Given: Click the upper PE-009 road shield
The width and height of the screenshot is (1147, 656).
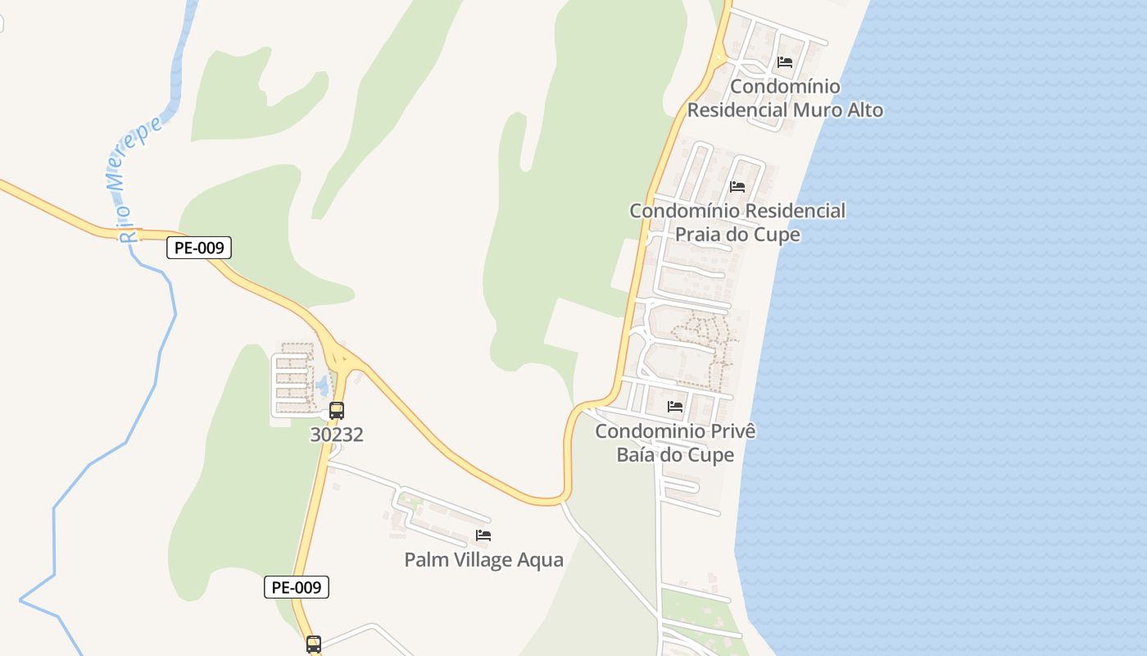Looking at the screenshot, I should [x=199, y=248].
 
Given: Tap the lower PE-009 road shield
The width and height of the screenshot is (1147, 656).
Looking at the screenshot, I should [x=297, y=587].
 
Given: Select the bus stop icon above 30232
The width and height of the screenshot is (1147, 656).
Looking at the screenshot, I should [x=337, y=411].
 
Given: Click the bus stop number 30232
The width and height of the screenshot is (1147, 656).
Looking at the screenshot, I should [x=337, y=434].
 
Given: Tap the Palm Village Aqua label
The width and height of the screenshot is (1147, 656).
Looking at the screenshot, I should [x=483, y=560].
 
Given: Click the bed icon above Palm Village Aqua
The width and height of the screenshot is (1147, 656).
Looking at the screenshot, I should [x=483, y=536].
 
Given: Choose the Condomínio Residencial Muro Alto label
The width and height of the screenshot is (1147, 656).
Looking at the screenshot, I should [x=785, y=98].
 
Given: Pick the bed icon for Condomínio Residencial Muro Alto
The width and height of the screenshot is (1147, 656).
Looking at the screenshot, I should [x=785, y=62].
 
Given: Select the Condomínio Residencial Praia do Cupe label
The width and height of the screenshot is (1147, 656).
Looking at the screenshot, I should [x=737, y=222].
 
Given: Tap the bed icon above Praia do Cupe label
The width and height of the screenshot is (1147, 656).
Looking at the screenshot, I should [x=737, y=187].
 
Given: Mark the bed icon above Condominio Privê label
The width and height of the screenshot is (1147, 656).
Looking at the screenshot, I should [x=675, y=407].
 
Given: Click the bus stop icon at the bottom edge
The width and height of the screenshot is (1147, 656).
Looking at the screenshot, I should [x=314, y=645].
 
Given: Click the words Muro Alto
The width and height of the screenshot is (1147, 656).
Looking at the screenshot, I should [x=836, y=110].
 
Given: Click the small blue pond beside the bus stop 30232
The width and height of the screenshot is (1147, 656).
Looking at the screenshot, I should [x=322, y=384].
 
